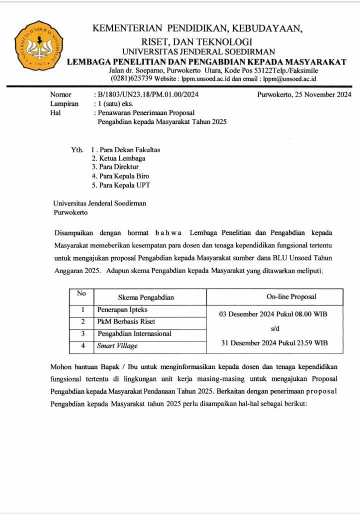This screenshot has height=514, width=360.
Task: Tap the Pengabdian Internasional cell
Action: [134, 333]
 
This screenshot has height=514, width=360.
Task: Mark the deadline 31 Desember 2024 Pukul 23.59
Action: [274, 343]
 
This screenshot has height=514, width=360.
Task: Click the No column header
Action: [81, 294]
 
